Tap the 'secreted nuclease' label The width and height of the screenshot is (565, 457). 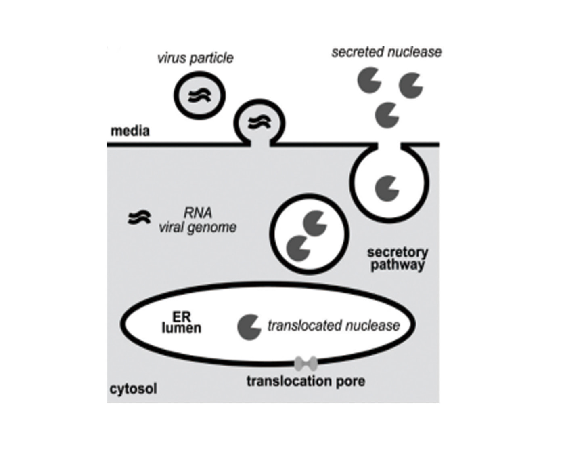[386, 52]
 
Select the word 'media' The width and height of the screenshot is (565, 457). [130, 131]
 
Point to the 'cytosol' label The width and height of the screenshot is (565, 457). [134, 389]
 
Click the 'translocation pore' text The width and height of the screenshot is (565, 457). [306, 381]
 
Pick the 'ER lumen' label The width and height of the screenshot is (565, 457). [181, 322]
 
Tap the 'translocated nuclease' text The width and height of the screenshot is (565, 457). [333, 326]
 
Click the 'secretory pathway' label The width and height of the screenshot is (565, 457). [397, 259]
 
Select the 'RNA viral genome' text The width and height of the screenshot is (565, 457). [197, 220]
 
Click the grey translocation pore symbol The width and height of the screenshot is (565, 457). [306, 363]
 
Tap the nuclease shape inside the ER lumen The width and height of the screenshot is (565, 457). [249, 327]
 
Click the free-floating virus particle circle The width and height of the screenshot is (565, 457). [199, 95]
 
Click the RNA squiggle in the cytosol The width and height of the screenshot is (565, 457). [139, 218]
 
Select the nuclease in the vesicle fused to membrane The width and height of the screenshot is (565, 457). [387, 188]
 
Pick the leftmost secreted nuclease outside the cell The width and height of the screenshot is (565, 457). [369, 80]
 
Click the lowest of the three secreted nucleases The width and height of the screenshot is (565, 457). [387, 115]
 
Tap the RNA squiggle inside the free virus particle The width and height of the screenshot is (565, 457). [199, 95]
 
